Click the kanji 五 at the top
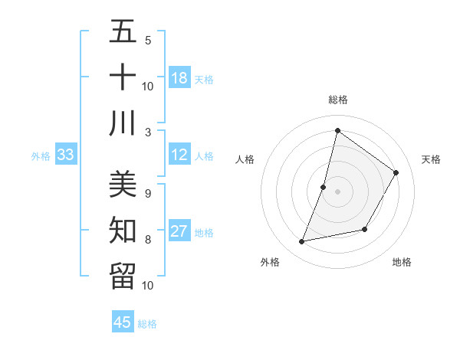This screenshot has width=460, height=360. pyautogui.click(x=122, y=32)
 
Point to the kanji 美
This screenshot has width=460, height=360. pyautogui.click(x=122, y=184)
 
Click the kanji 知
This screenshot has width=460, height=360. pyautogui.click(x=122, y=230)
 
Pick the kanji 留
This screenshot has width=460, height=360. pyautogui.click(x=122, y=276)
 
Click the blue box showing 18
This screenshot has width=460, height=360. pyautogui.click(x=179, y=78)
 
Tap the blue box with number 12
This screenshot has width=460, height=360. pyautogui.click(x=179, y=155)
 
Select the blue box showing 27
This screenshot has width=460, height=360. pyautogui.click(x=179, y=231)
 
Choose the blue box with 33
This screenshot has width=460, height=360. pyautogui.click(x=66, y=155)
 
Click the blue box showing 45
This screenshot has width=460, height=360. pyautogui.click(x=123, y=322)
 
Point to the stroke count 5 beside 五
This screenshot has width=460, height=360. pyautogui.click(x=148, y=40)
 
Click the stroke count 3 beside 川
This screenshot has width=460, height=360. pyautogui.click(x=148, y=132)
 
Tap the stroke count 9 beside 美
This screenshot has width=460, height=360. pyautogui.click(x=148, y=193)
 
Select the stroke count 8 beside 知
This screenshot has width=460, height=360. pyautogui.click(x=148, y=239)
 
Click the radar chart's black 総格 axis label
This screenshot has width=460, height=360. pyautogui.click(x=337, y=100)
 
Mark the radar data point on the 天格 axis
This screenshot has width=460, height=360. pyautogui.click(x=396, y=173)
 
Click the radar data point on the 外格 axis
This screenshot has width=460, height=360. pyautogui.click(x=302, y=242)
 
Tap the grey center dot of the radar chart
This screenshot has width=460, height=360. pyautogui.click(x=337, y=191)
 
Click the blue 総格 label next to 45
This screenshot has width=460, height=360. pyautogui.click(x=147, y=324)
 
